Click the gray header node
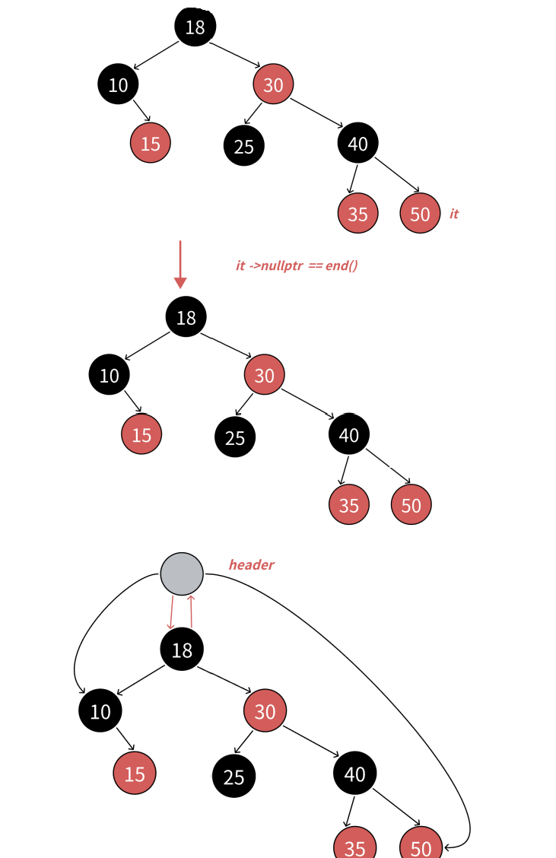click(x=182, y=574)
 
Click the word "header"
click(x=251, y=564)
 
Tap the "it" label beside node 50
click(x=454, y=214)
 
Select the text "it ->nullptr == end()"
click(x=297, y=265)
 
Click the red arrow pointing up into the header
click(x=191, y=612)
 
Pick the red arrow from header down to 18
click(x=171, y=612)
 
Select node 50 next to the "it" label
click(x=420, y=213)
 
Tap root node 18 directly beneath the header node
click(x=182, y=650)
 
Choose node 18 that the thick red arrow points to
click(x=186, y=317)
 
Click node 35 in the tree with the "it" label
click(x=357, y=213)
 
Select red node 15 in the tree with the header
click(x=135, y=774)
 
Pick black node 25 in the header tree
click(x=234, y=776)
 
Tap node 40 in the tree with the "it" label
click(x=357, y=143)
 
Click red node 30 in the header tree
click(x=265, y=711)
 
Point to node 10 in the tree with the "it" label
click(x=118, y=84)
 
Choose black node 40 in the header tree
click(x=354, y=774)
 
